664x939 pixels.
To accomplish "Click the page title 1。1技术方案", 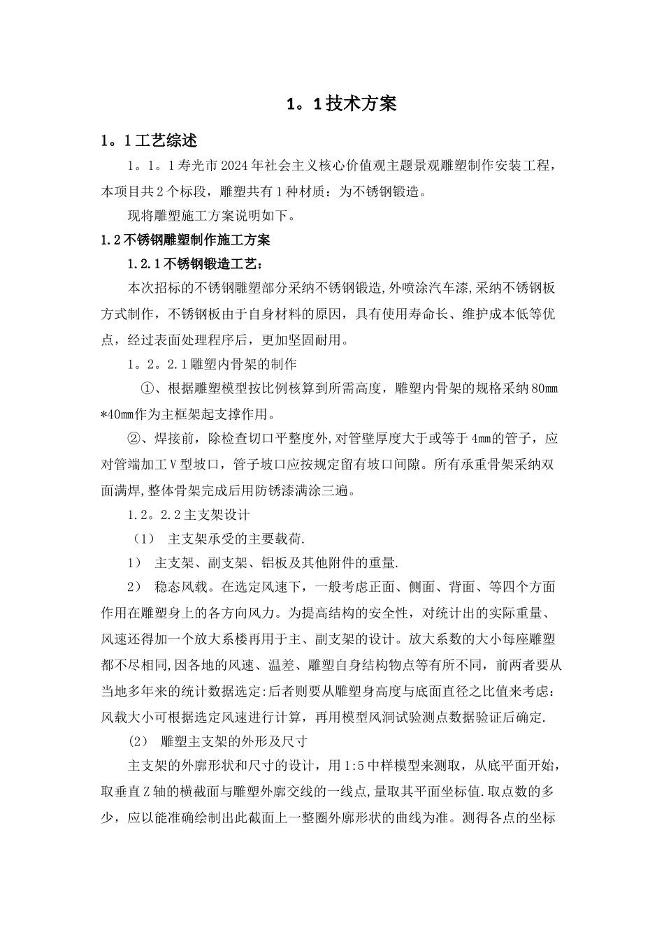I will [342, 104].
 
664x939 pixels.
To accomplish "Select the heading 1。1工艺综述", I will [149, 140].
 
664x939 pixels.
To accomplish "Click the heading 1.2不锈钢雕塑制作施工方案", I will [186, 240].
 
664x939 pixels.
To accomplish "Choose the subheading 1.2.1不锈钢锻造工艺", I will [196, 264].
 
